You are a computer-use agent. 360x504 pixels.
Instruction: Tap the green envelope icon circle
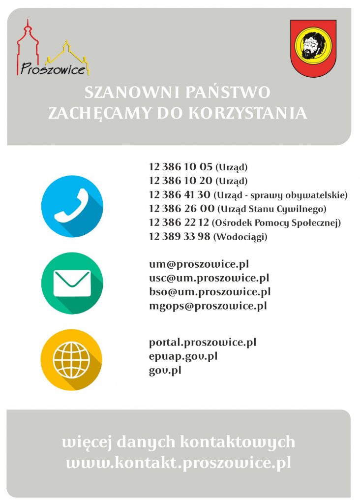72,283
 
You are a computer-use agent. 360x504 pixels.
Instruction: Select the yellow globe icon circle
72,359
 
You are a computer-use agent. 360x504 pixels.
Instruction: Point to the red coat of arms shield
313,48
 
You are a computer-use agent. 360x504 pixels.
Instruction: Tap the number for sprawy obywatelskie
180,194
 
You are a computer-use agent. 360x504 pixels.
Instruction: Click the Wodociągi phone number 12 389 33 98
180,237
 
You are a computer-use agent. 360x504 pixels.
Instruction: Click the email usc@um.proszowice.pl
209,278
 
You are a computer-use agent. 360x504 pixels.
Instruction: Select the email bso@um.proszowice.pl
210,292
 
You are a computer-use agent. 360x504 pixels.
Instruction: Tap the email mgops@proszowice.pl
208,306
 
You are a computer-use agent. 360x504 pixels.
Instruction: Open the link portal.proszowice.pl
202,342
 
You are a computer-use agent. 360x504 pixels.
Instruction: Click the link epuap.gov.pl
183,355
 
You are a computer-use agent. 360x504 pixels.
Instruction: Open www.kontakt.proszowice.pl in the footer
179,463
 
